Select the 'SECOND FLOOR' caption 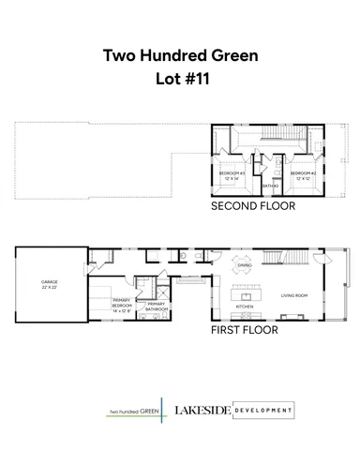pyautogui.click(x=248, y=205)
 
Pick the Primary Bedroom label pyautogui.click(x=109, y=305)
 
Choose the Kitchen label pyautogui.click(x=245, y=307)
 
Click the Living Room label pyautogui.click(x=294, y=295)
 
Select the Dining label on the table pyautogui.click(x=244, y=265)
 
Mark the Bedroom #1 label pyautogui.click(x=232, y=175)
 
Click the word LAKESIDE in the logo pyautogui.click(x=202, y=410)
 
